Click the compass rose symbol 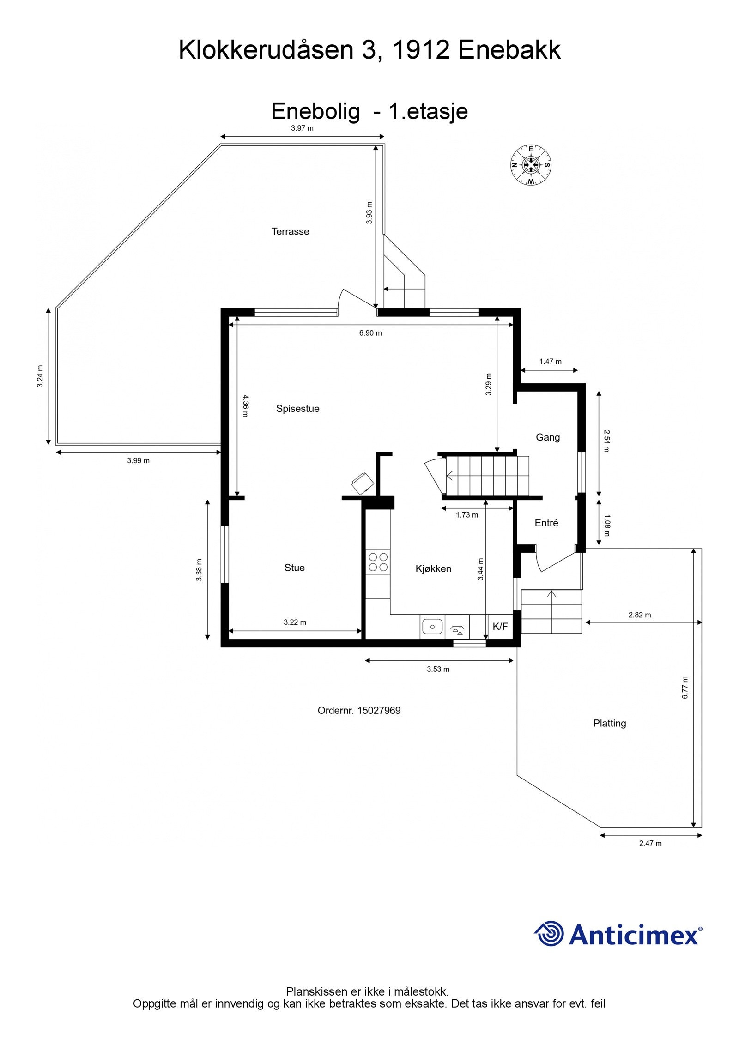point(531,165)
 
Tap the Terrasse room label point(290,231)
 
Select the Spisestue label point(297,409)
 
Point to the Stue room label point(294,568)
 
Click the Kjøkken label point(433,569)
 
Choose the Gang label point(548,437)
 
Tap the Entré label point(546,523)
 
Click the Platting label point(610,723)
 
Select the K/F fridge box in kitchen point(500,627)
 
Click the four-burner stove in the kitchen point(378,562)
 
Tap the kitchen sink point(432,627)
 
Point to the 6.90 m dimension point(370,333)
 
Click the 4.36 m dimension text point(245,405)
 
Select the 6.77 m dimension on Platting point(685,687)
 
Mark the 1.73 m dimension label point(467,515)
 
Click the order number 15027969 point(359,711)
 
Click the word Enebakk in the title point(509,50)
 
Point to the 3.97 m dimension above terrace point(302,128)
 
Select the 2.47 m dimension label point(650,843)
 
